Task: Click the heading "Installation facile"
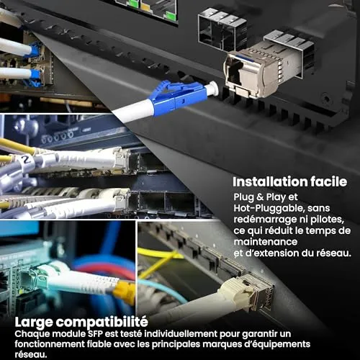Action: pyautogui.click(x=289, y=181)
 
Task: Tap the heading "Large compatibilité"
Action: pyautogui.click(x=81, y=322)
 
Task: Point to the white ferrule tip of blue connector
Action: pyautogui.click(x=212, y=88)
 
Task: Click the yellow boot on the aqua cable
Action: pyautogui.click(x=125, y=291)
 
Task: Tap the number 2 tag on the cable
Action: pyautogui.click(x=24, y=159)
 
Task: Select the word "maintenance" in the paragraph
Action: pyautogui.click(x=266, y=242)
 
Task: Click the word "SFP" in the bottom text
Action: pyautogui.click(x=95, y=334)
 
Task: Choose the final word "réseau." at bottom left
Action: pyautogui.click(x=31, y=354)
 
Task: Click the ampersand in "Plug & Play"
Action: pyautogui.click(x=260, y=197)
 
